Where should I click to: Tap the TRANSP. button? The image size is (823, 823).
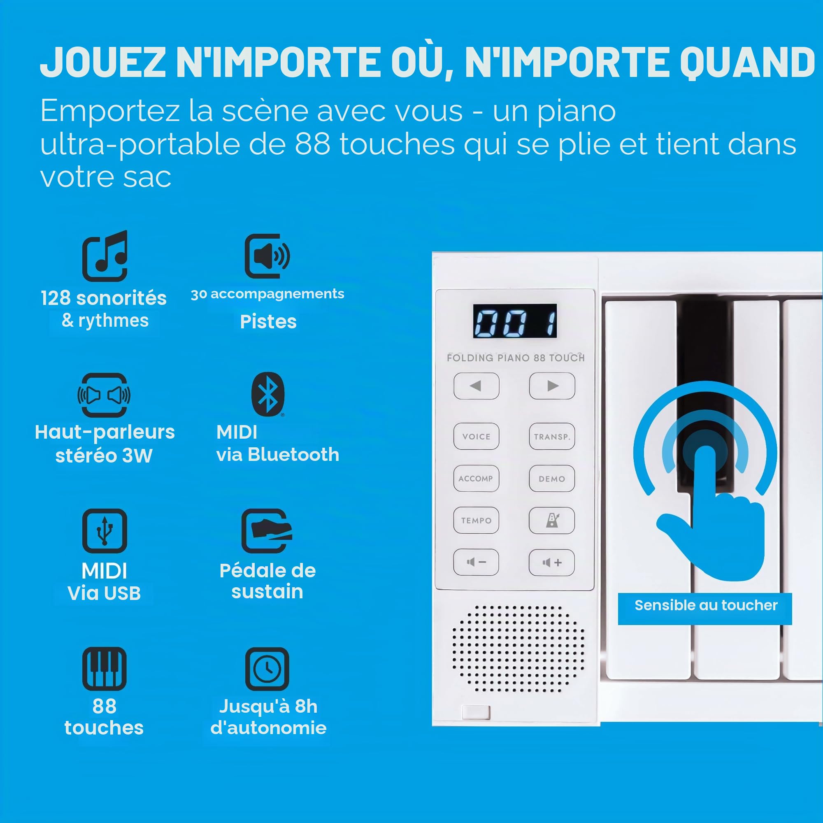pyautogui.click(x=552, y=436)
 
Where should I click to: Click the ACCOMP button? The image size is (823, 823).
pyautogui.click(x=476, y=479)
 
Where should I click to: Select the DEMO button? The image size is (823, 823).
pyautogui.click(x=552, y=479)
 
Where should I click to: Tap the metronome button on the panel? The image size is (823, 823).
pyautogui.click(x=552, y=520)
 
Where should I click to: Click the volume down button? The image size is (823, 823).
pyautogui.click(x=476, y=562)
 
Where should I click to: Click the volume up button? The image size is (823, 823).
pyautogui.click(x=552, y=562)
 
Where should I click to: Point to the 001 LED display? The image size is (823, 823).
pyautogui.click(x=515, y=321)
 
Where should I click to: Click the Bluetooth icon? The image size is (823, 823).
pyautogui.click(x=267, y=394)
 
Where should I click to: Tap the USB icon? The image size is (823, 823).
pyautogui.click(x=105, y=531)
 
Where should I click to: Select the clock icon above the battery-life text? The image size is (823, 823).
pyautogui.click(x=267, y=669)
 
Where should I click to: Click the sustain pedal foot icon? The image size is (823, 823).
pyautogui.click(x=267, y=531)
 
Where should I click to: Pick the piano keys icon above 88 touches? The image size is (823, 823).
pyautogui.click(x=105, y=669)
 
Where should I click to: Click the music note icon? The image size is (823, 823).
pyautogui.click(x=105, y=256)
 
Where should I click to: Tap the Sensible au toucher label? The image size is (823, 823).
pyautogui.click(x=705, y=605)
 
